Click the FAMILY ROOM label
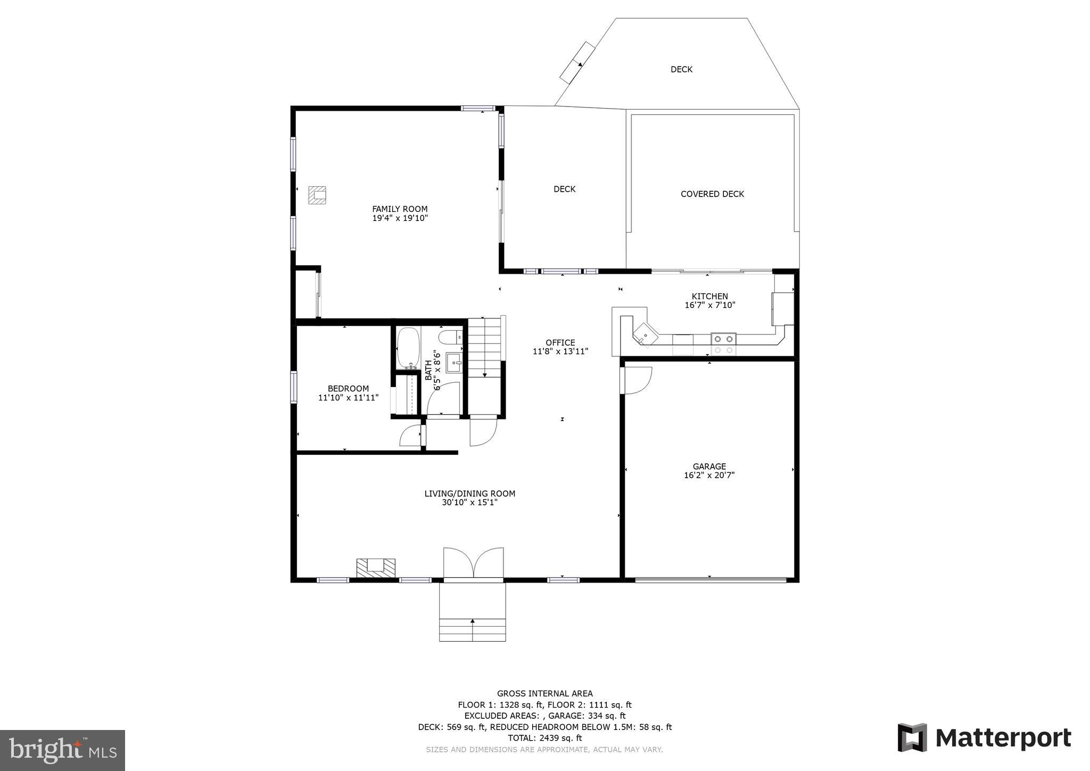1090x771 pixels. tap(400, 209)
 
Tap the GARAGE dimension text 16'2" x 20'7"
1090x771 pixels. tap(709, 475)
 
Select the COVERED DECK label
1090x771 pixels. tap(712, 194)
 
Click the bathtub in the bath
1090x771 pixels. tap(409, 347)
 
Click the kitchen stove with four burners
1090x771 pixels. tap(723, 344)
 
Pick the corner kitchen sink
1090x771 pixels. tap(645, 334)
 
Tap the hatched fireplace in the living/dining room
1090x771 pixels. tap(376, 568)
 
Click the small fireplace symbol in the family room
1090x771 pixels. tap(317, 195)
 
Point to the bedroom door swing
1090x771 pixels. tap(411, 436)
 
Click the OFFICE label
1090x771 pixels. tap(560, 342)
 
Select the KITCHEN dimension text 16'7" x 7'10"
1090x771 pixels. tap(709, 305)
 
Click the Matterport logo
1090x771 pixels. tap(984, 738)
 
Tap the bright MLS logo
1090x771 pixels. tap(62, 750)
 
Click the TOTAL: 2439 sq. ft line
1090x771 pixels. tap(544, 738)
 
